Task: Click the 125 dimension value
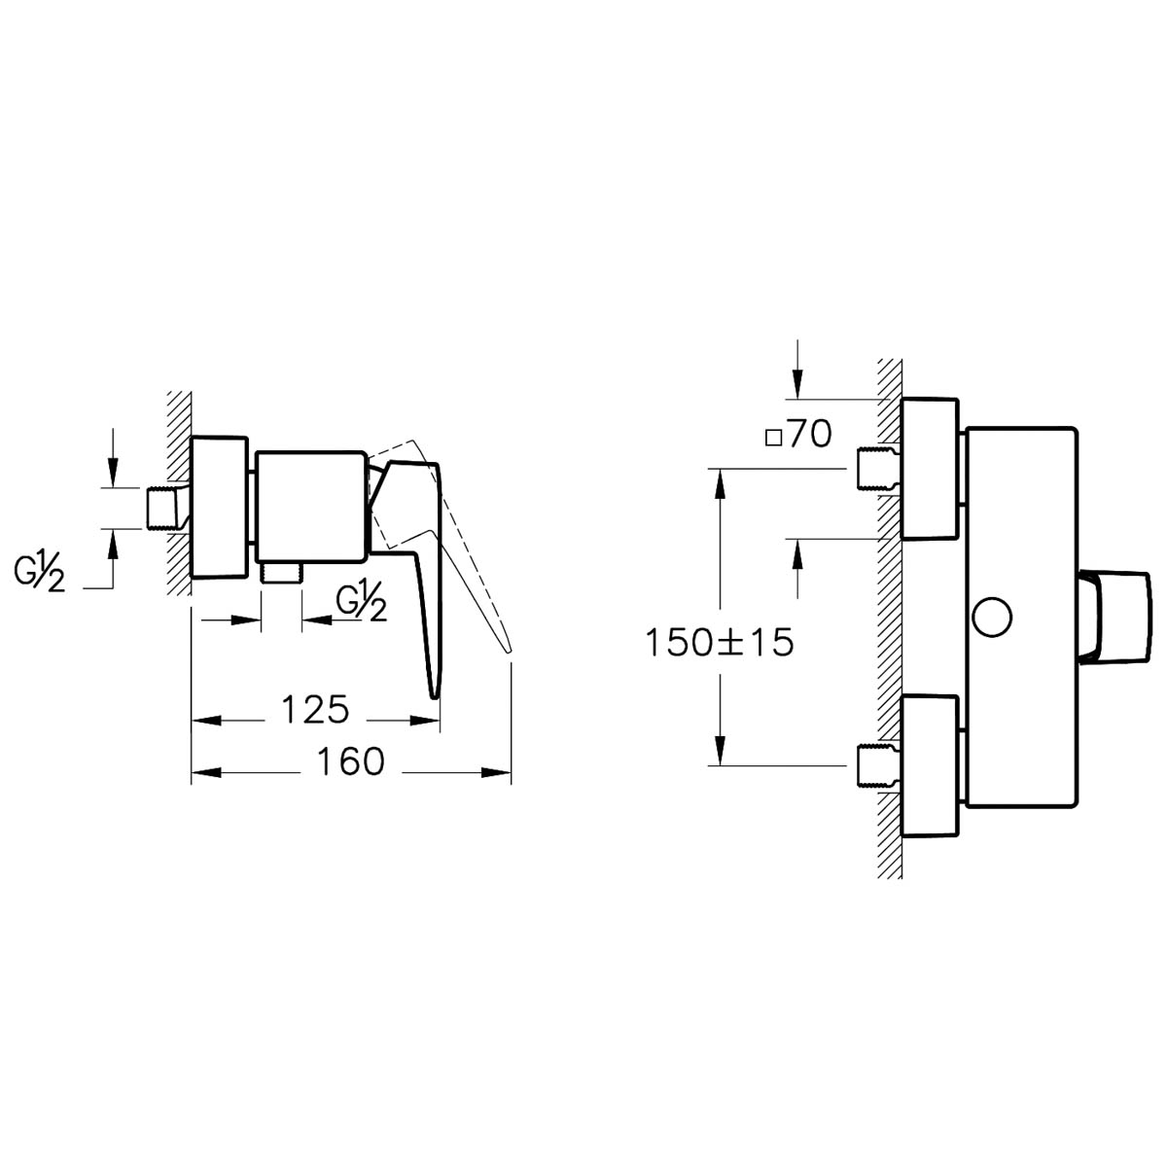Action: coord(315,709)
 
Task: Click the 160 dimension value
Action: coord(351,761)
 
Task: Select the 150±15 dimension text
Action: coord(719,643)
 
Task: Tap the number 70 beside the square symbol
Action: coord(810,434)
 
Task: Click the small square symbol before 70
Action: coord(773,438)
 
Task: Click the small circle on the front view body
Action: coord(992,618)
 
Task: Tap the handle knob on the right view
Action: coord(1114,616)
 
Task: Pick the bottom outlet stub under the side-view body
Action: coord(281,572)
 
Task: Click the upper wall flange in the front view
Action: coord(930,469)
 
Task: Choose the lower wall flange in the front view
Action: coord(930,766)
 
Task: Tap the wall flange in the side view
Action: coord(220,507)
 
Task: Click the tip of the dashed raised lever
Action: coord(508,651)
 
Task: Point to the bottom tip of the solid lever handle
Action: coord(435,697)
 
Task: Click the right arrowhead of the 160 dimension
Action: coord(496,772)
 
